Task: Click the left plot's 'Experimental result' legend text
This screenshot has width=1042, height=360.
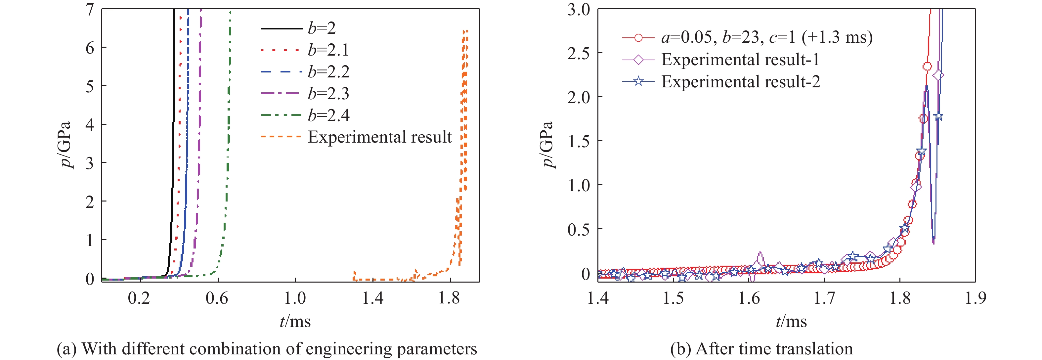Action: [x=379, y=137]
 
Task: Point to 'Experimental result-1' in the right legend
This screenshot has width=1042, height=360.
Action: [x=740, y=60]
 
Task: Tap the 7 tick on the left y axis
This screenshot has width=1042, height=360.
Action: [x=90, y=10]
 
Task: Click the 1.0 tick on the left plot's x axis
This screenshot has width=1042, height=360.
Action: [x=295, y=298]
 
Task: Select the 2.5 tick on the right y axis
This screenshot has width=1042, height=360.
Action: [x=579, y=53]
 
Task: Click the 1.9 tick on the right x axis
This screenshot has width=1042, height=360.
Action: [x=975, y=298]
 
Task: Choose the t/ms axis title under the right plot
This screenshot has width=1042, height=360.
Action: [x=791, y=322]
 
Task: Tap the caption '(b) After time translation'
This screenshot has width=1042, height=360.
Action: [x=761, y=349]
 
